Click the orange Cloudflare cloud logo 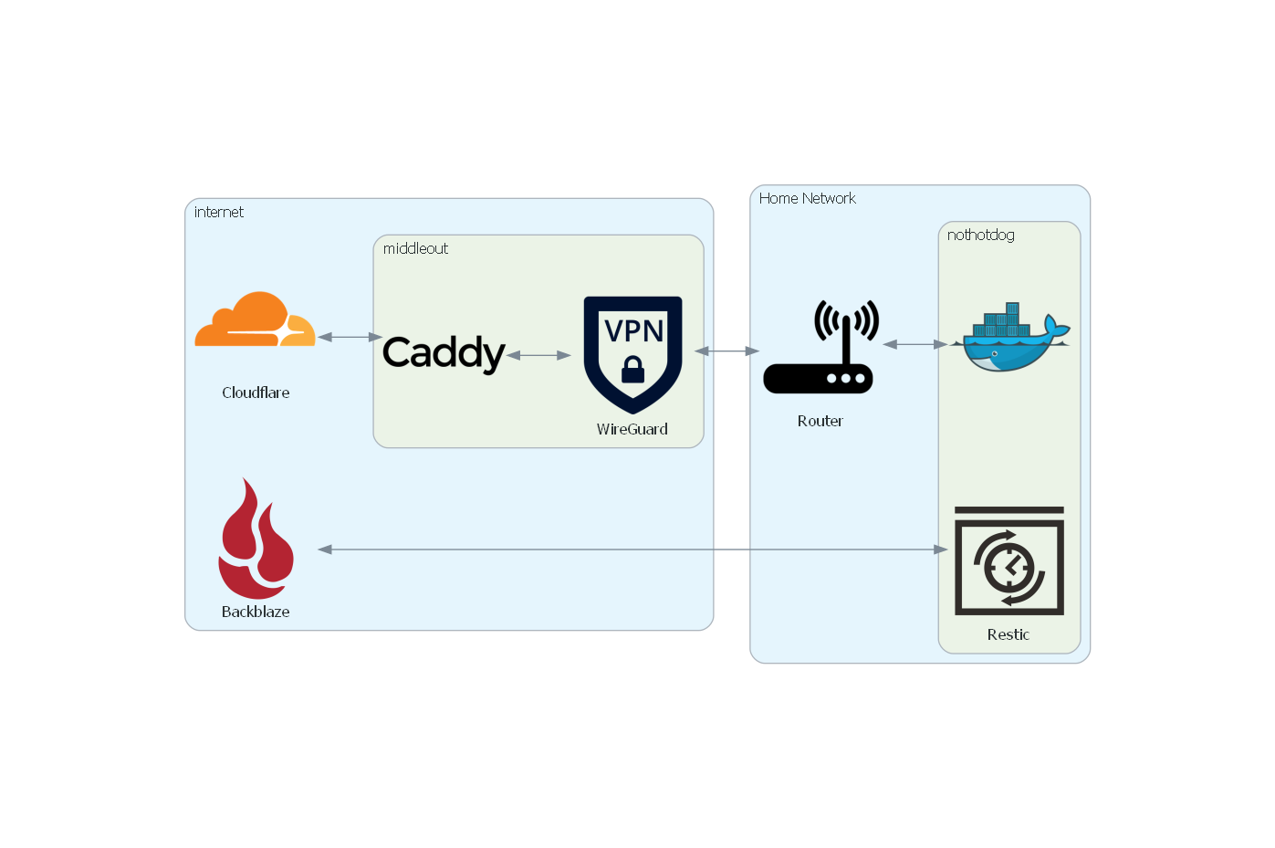pyautogui.click(x=255, y=320)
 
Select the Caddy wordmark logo pyautogui.click(x=443, y=353)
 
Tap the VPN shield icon pyautogui.click(x=632, y=352)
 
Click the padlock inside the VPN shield pyautogui.click(x=632, y=370)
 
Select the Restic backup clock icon pyautogui.click(x=1009, y=561)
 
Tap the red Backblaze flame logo pyautogui.click(x=256, y=539)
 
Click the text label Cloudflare pyautogui.click(x=256, y=393)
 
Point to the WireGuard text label pyautogui.click(x=632, y=429)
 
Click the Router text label pyautogui.click(x=820, y=421)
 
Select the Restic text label pyautogui.click(x=1008, y=634)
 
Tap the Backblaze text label pyautogui.click(x=256, y=612)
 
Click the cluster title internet pyautogui.click(x=219, y=212)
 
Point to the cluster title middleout pyautogui.click(x=415, y=248)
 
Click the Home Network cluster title pyautogui.click(x=807, y=198)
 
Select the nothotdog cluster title pyautogui.click(x=980, y=235)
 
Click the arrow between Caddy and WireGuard pyautogui.click(x=538, y=355)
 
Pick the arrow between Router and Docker pyautogui.click(x=915, y=344)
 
